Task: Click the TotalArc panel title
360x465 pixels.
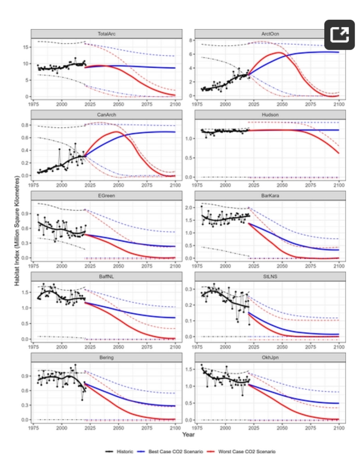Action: pyautogui.click(x=107, y=34)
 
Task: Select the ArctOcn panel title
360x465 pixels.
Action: pyautogui.click(x=270, y=34)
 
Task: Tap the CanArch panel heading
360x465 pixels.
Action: pyautogui.click(x=107, y=114)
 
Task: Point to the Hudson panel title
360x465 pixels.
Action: pyautogui.click(x=270, y=114)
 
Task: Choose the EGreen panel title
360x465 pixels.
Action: pyautogui.click(x=107, y=196)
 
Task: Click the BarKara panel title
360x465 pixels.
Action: pyautogui.click(x=270, y=196)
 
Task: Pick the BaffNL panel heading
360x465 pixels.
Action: pyautogui.click(x=107, y=276)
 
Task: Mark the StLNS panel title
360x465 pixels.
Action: pyautogui.click(x=270, y=276)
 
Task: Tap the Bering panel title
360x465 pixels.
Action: pyautogui.click(x=107, y=358)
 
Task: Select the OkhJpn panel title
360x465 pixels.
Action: pyautogui.click(x=270, y=358)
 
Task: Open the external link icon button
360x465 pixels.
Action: pyautogui.click(x=339, y=35)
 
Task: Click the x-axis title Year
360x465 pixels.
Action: pyautogui.click(x=188, y=434)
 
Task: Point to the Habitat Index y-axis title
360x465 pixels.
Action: pyautogui.click(x=17, y=231)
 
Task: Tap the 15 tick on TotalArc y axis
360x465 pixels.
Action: pyautogui.click(x=26, y=47)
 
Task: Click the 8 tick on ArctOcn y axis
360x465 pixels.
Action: pyautogui.click(x=190, y=40)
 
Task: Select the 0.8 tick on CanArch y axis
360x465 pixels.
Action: pyautogui.click(x=25, y=125)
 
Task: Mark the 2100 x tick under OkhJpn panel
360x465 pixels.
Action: pyautogui.click(x=339, y=428)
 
